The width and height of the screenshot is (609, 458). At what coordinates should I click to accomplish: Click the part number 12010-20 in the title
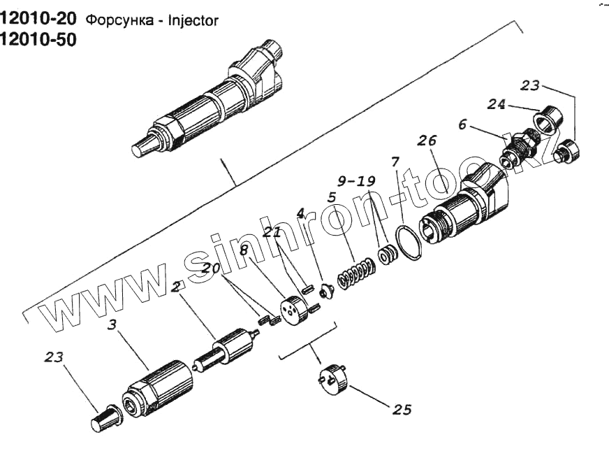[x=39, y=20]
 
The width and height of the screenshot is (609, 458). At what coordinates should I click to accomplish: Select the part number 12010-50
[x=39, y=40]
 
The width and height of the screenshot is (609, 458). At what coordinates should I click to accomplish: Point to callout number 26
[x=427, y=141]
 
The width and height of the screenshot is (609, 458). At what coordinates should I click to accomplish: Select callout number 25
[x=402, y=410]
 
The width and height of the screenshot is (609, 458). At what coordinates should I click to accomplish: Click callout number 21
[x=273, y=231]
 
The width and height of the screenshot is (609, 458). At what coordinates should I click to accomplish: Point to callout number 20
[x=212, y=267]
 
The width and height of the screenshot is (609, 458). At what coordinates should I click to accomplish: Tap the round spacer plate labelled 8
[x=292, y=310]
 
